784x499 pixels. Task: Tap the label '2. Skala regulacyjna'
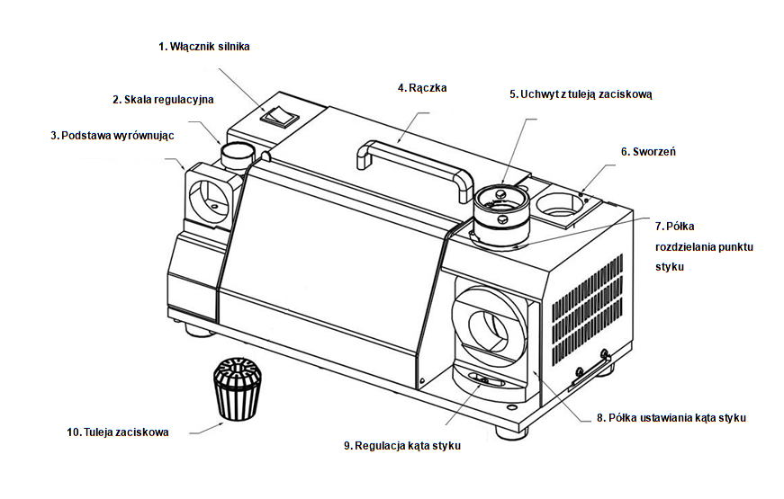point(163,99)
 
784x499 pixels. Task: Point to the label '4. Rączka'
point(422,88)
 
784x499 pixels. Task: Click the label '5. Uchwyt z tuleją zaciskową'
point(580,94)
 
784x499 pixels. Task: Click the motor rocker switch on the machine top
point(276,114)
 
